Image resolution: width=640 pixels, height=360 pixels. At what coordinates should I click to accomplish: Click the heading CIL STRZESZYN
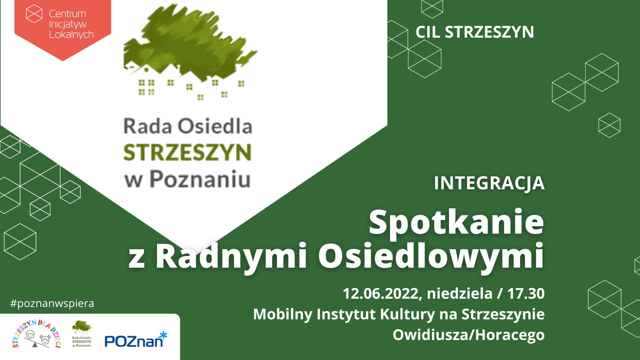(x=475, y=32)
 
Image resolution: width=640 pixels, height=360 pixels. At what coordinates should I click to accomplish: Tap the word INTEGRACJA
(x=489, y=183)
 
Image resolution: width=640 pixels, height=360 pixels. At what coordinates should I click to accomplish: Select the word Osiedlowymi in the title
(x=431, y=257)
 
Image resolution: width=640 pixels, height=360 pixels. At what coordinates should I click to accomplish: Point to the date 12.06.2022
(x=380, y=294)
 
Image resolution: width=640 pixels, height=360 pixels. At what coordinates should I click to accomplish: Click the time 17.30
(x=526, y=294)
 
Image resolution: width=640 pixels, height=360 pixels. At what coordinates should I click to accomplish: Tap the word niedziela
(x=460, y=294)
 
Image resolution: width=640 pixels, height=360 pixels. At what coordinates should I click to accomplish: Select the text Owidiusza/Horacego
(x=469, y=335)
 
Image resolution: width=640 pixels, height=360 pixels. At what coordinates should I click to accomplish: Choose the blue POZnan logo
(x=136, y=340)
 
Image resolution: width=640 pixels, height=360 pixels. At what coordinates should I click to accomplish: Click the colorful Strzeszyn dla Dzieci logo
(x=36, y=334)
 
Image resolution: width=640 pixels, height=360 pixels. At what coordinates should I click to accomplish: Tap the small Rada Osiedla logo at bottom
(x=82, y=334)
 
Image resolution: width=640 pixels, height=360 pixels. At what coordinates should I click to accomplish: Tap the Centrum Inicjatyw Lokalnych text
(x=71, y=24)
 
